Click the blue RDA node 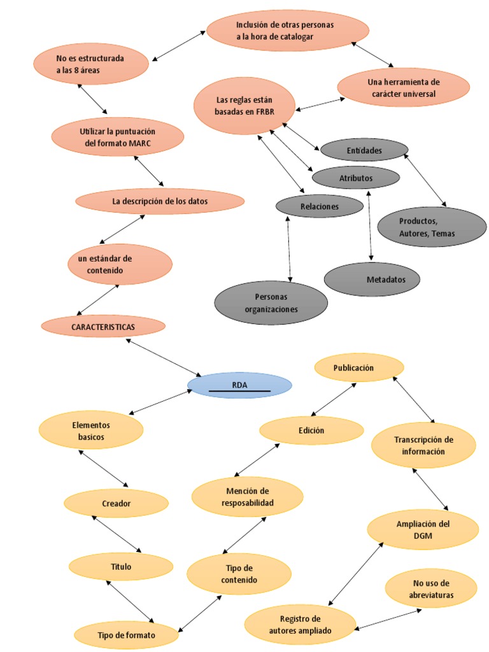(x=239, y=385)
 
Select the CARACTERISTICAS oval (x=103, y=326)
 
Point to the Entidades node (x=364, y=150)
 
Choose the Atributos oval (x=356, y=178)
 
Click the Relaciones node (x=319, y=206)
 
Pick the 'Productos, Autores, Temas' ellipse (x=432, y=227)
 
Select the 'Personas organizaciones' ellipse (x=271, y=303)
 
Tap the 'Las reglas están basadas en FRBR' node (x=244, y=106)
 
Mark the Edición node (x=311, y=430)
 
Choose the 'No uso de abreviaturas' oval (x=432, y=589)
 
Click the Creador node (x=116, y=503)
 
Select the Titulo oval (x=120, y=566)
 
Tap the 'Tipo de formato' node (x=127, y=635)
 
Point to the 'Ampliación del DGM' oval (x=423, y=530)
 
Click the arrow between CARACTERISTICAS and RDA (x=164, y=357)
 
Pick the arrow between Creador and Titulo (x=117, y=534)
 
